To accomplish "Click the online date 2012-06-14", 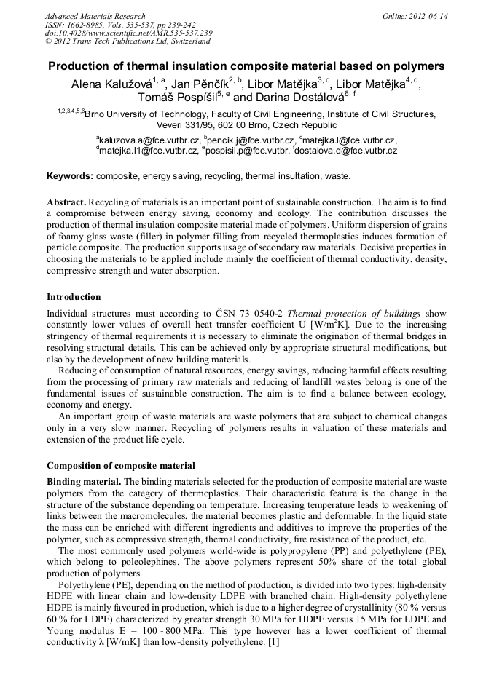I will point(430,16).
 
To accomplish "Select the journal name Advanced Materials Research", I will point(95,16).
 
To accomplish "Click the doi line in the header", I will point(128,33).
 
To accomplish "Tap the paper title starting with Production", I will point(246,66).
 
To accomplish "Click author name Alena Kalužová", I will point(110,84).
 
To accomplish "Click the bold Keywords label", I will point(69,176).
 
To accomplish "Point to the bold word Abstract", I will point(67,202).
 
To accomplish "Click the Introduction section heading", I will point(74,297).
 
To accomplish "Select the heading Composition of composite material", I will point(120,465).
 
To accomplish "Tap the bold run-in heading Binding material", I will point(84,482).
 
